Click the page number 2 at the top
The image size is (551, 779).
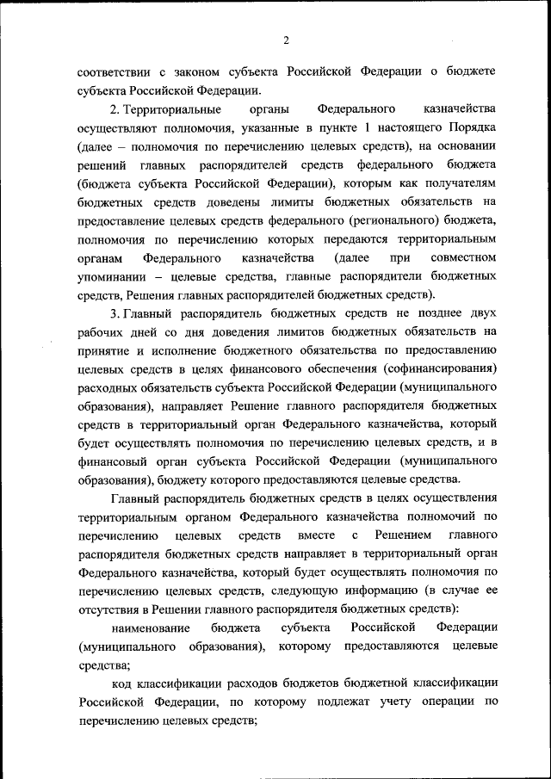[x=286, y=40]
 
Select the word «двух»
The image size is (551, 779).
[x=481, y=315]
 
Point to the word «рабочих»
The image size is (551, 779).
[x=102, y=334]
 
